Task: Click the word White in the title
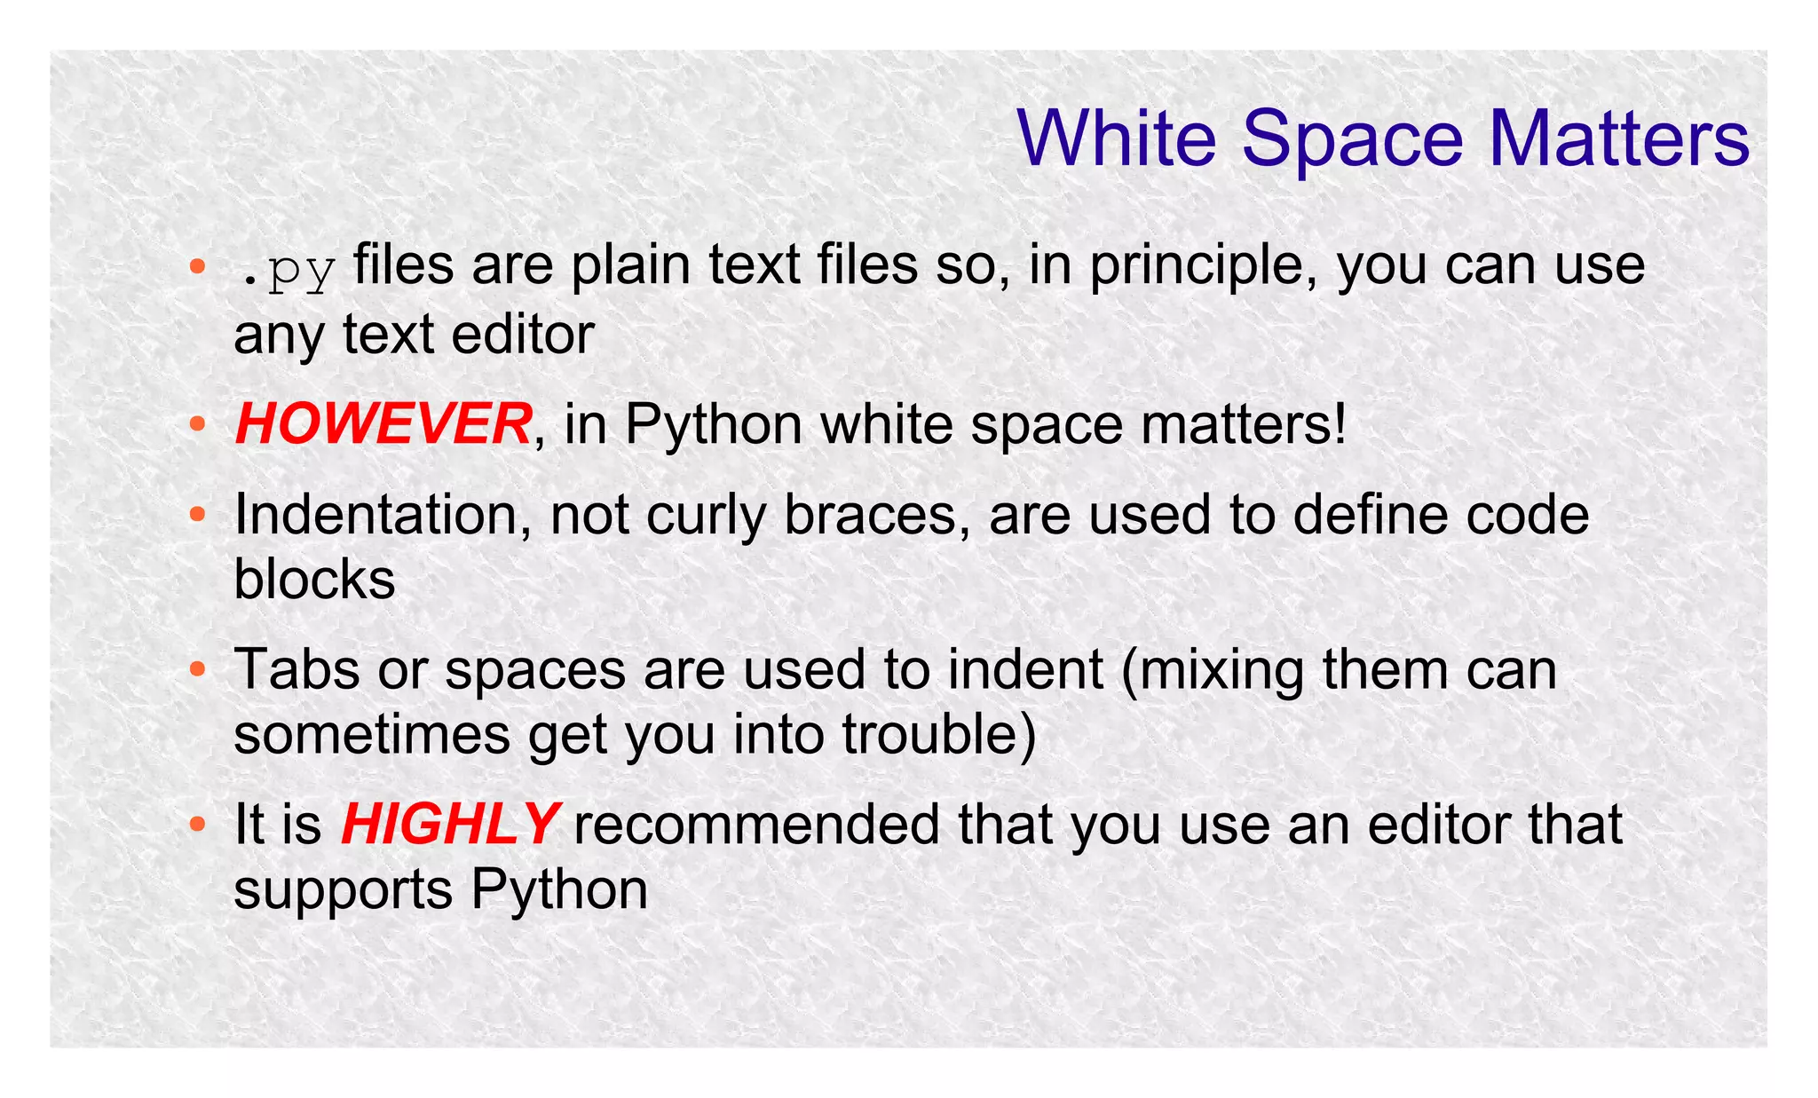coord(1117,138)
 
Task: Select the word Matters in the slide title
coord(1618,138)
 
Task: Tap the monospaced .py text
coord(286,268)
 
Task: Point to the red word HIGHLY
coord(449,824)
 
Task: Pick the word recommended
coord(756,824)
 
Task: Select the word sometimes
coord(372,735)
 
